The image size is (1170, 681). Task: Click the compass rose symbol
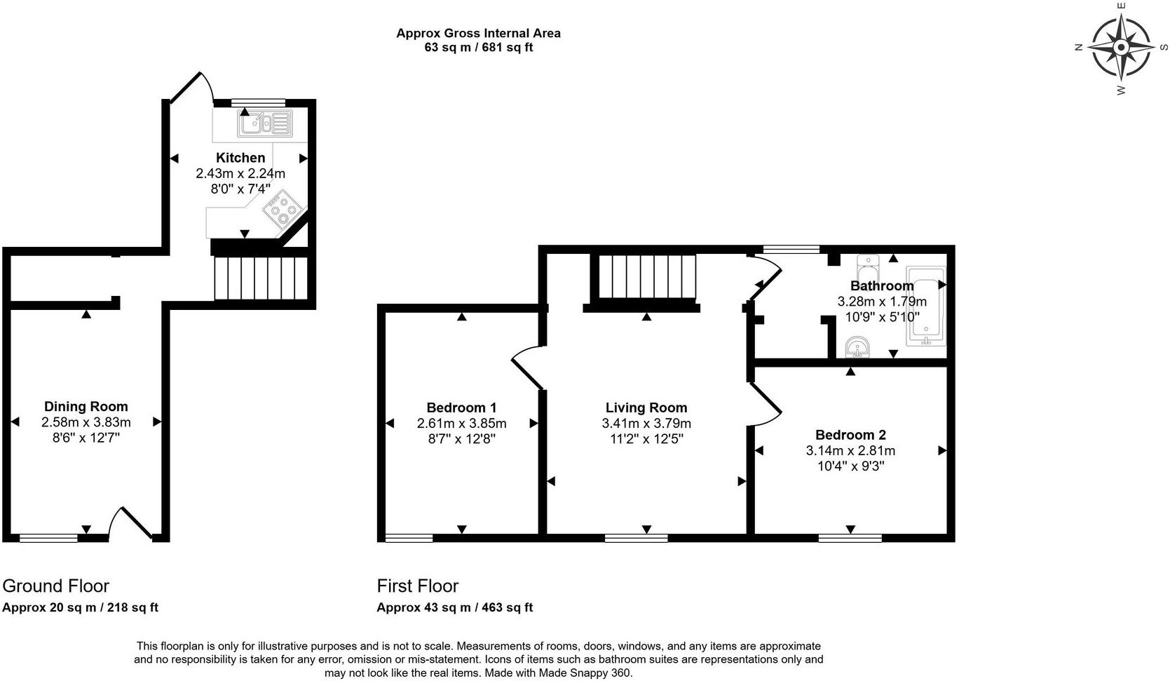(1120, 48)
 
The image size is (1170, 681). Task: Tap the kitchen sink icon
(265, 124)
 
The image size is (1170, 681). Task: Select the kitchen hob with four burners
(283, 209)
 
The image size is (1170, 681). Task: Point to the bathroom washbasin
(857, 347)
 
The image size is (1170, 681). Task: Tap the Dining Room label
(86, 406)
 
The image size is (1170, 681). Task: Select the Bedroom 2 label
(850, 435)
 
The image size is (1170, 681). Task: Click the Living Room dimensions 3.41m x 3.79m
(646, 424)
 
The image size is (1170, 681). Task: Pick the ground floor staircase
(261, 278)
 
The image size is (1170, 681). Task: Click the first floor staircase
(646, 278)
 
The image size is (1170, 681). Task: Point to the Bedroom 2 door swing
(766, 405)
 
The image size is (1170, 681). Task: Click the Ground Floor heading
(56, 586)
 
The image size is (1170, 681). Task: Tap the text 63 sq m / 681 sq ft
(478, 48)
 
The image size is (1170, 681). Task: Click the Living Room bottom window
(636, 538)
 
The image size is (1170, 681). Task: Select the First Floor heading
(418, 586)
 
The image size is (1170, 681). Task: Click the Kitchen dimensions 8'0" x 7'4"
(240, 189)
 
